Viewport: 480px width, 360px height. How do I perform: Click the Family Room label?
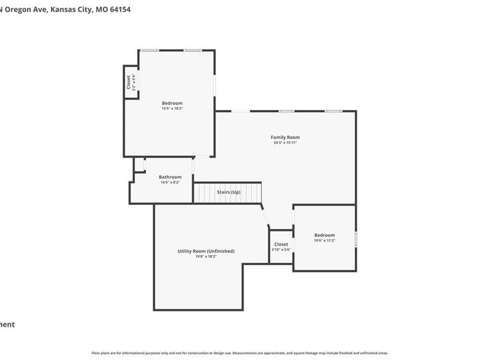(285, 137)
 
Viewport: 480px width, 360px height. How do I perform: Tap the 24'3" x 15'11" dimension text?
(285, 143)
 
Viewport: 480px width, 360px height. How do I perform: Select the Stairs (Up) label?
(228, 192)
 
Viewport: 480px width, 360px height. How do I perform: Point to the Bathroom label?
(170, 177)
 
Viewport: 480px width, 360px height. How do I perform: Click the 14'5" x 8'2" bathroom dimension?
(170, 182)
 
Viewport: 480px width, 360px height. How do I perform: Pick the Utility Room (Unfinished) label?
(206, 251)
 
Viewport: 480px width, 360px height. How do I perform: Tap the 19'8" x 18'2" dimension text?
(206, 257)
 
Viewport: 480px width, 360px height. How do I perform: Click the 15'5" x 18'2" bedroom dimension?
(172, 108)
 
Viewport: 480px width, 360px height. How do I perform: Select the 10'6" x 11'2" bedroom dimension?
(324, 241)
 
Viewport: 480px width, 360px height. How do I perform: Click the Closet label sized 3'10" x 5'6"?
(281, 244)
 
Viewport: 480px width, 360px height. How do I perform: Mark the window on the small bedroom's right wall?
(356, 238)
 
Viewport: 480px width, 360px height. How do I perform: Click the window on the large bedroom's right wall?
(215, 85)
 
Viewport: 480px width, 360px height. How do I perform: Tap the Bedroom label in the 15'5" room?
(172, 103)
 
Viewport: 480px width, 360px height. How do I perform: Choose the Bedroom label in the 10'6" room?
(324, 235)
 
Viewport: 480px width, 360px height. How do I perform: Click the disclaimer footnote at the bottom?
(239, 353)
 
